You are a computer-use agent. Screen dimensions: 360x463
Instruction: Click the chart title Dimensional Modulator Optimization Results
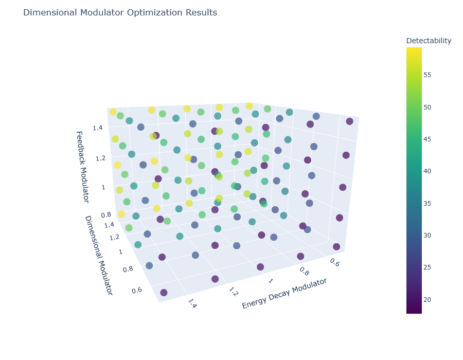click(120, 12)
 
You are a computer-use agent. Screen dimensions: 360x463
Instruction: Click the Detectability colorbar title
click(429, 41)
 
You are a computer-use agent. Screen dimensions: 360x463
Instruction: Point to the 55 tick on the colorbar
click(427, 75)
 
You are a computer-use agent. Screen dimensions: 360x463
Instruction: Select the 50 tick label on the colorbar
click(427, 107)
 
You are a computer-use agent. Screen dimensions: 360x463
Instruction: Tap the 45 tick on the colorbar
click(427, 139)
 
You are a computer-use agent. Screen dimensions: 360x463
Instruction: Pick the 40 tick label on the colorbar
click(427, 171)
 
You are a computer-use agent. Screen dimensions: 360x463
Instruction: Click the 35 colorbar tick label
click(427, 203)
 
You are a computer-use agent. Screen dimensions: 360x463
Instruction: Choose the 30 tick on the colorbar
click(427, 236)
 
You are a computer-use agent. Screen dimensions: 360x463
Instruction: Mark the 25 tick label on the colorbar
click(427, 267)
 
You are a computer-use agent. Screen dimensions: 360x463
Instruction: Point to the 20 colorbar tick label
click(427, 299)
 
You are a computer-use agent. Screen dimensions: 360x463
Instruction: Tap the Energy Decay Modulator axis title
click(284, 294)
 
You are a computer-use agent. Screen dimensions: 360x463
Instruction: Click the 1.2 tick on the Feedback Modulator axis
click(98, 157)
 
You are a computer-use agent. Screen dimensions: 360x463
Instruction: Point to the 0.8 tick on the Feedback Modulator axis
click(106, 215)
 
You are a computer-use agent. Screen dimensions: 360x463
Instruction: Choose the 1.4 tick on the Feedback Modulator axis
click(98, 127)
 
